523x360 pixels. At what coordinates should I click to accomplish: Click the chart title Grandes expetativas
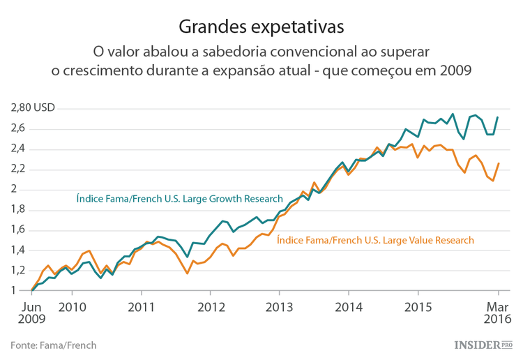(261, 27)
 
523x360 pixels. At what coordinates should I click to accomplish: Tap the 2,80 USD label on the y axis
(33, 108)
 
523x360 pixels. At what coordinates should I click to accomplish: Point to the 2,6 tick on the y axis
(18, 128)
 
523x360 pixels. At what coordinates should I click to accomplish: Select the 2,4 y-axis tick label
(18, 149)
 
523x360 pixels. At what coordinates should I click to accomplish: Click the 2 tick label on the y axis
(13, 189)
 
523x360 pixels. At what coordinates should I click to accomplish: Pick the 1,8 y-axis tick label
(18, 209)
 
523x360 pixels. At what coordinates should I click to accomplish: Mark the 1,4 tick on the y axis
(18, 250)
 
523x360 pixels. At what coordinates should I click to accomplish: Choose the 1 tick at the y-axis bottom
(13, 290)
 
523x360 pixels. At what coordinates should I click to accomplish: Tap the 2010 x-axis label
(73, 306)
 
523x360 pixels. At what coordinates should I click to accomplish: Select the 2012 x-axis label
(211, 306)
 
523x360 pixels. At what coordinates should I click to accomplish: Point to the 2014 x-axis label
(349, 306)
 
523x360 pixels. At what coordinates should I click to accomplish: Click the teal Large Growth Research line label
(179, 199)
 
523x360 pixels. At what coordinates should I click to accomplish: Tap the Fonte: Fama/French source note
(54, 345)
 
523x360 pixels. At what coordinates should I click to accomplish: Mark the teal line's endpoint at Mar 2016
(498, 117)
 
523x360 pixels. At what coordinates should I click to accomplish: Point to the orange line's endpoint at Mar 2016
(498, 163)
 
